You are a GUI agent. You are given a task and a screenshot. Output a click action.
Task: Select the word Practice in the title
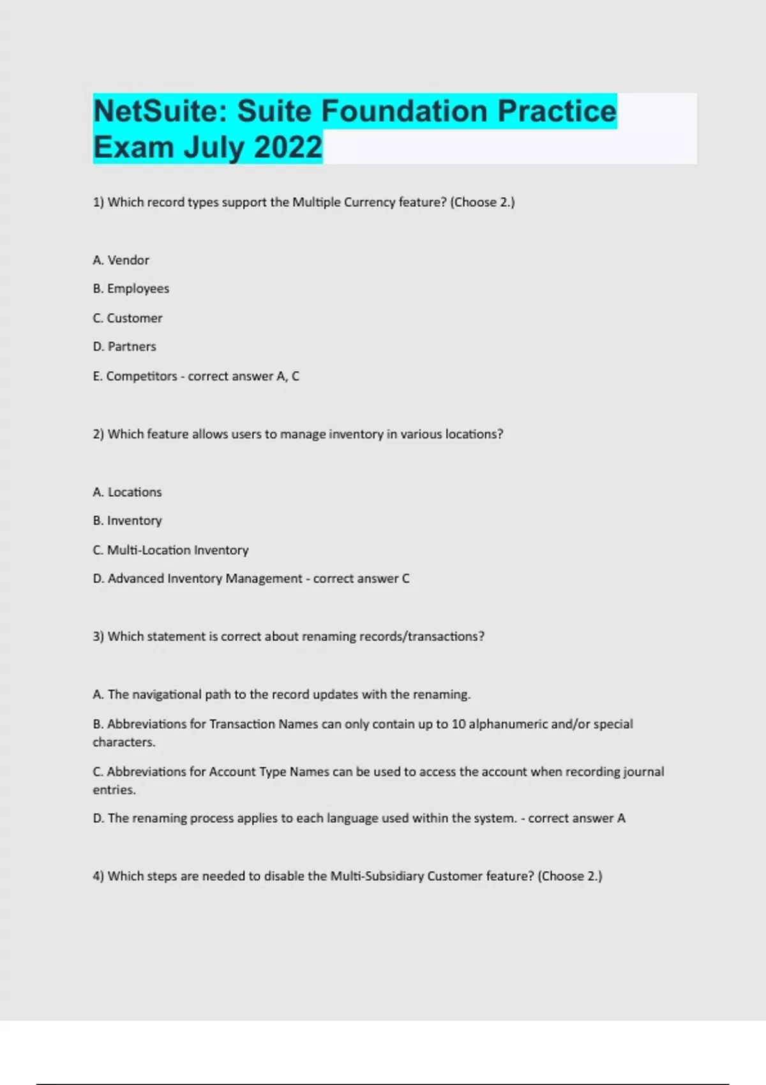tap(557, 112)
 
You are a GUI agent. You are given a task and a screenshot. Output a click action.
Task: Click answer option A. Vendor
tap(121, 260)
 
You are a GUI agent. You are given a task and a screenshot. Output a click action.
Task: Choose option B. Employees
tap(131, 288)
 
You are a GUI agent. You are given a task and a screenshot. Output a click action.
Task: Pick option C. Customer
tap(128, 318)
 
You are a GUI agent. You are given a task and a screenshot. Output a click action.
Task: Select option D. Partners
tap(124, 347)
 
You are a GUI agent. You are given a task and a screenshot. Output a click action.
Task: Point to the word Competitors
tap(141, 377)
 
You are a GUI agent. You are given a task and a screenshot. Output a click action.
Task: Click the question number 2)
tap(98, 435)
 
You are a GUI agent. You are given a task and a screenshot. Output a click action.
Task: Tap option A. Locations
tap(127, 492)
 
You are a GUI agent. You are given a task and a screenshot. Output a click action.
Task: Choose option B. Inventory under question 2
tap(127, 521)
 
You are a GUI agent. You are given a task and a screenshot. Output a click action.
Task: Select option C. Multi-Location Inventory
tap(170, 550)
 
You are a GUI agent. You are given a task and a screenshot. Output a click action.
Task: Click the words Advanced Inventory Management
tap(204, 579)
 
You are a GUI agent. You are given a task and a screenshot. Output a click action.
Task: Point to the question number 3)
tap(98, 637)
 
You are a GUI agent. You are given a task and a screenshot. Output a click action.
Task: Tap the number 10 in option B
tap(458, 724)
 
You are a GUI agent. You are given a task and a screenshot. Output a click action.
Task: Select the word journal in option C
tap(643, 772)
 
